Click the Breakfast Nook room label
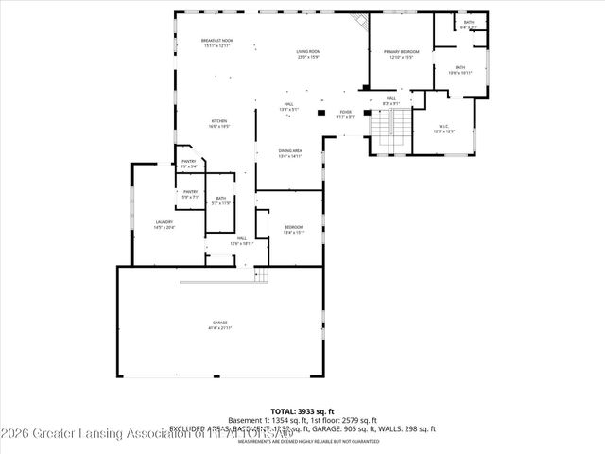[x=216, y=43]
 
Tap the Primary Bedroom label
[x=401, y=53]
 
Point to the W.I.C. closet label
[x=444, y=129]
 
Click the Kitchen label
[x=220, y=123]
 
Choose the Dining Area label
[x=290, y=153]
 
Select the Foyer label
[x=347, y=114]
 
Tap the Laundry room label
[x=164, y=225]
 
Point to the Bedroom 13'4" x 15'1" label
[x=294, y=229]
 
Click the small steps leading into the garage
[x=262, y=275]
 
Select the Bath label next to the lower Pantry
[x=220, y=201]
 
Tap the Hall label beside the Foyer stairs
[x=391, y=100]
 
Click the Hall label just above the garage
[x=242, y=241]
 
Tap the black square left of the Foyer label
[x=321, y=113]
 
